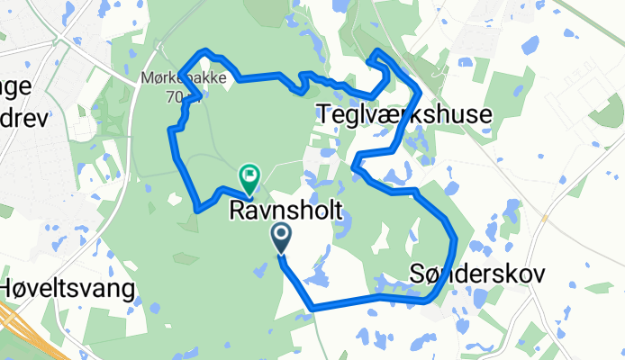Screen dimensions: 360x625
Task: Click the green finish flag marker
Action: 249,175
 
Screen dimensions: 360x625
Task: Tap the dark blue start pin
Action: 281,238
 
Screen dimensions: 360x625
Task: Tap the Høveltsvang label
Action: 68,289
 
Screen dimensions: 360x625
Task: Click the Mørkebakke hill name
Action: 168,79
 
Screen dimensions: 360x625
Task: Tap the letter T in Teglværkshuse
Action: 324,112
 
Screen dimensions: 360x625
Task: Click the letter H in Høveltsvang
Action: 8,289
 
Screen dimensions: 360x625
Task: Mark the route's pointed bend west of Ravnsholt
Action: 196,211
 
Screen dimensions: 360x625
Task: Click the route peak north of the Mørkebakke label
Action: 207,50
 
